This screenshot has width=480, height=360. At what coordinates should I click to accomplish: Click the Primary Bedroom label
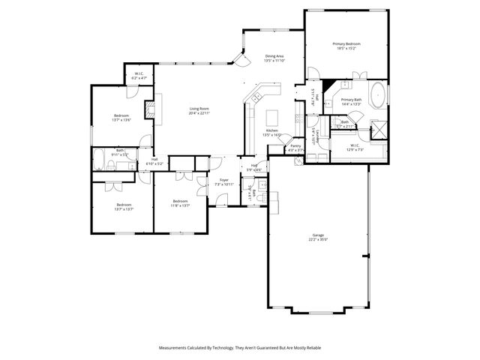tap(347, 44)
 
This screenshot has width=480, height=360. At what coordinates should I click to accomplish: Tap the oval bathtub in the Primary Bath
tap(378, 97)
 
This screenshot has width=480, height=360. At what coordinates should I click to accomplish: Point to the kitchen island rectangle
tap(273, 117)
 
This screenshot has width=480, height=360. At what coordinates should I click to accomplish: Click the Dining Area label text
tap(274, 56)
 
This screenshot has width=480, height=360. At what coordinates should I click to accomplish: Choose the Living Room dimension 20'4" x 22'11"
tap(198, 113)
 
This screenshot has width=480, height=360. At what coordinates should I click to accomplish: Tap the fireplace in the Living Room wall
tap(150, 110)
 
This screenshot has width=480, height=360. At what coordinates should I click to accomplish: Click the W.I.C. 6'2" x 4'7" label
tap(139, 76)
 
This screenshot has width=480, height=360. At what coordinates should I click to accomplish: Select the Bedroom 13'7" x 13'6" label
tap(121, 117)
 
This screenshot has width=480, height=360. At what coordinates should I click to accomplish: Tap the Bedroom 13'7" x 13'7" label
tap(124, 206)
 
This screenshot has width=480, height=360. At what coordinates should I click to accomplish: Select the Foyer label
tap(223, 180)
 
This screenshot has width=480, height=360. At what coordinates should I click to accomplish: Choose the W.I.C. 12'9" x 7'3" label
tap(354, 147)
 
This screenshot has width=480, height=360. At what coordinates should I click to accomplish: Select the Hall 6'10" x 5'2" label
tap(154, 160)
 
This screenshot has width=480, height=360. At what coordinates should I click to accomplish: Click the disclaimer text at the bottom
tap(240, 348)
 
